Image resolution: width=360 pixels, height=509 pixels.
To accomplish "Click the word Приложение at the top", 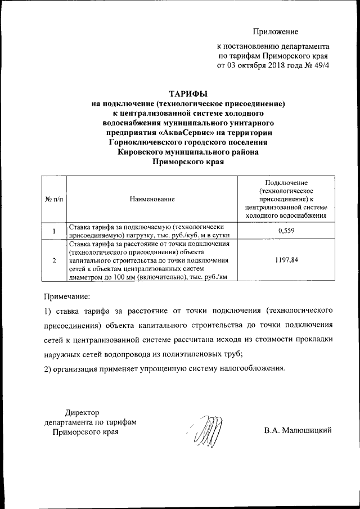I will (275, 32).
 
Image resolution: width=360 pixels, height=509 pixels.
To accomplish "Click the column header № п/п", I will (53, 199).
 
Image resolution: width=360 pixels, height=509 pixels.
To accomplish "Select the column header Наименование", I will (152, 199).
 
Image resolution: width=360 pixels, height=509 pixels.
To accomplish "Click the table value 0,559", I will (287, 231).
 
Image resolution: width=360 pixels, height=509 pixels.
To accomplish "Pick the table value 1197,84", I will (287, 260).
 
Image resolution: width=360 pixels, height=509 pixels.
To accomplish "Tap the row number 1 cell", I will (54, 231).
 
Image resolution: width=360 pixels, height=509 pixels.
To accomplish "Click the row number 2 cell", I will (54, 261).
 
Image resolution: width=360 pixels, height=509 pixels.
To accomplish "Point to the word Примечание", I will (67, 295).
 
